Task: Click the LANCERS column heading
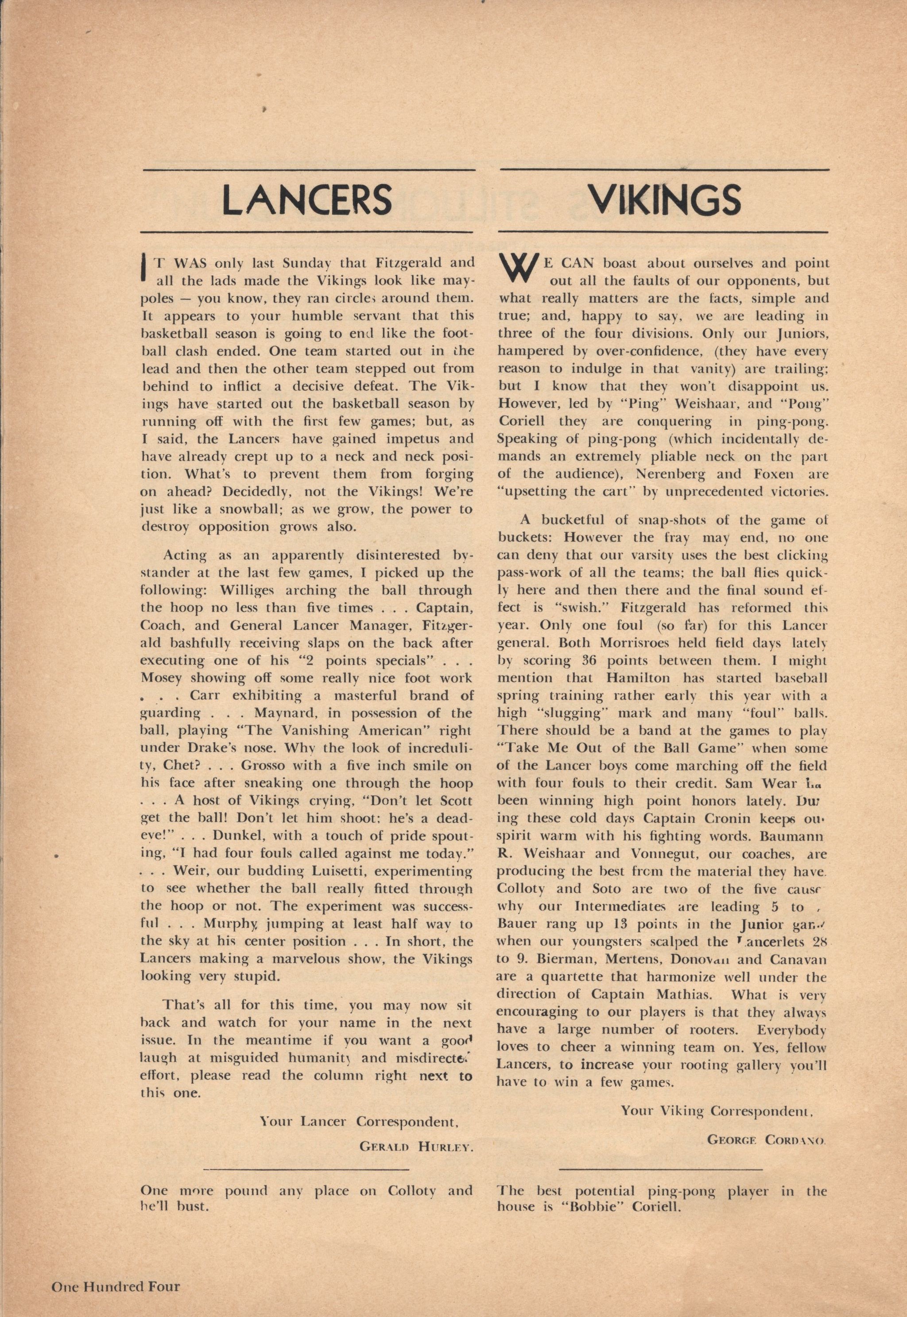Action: coord(307,199)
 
